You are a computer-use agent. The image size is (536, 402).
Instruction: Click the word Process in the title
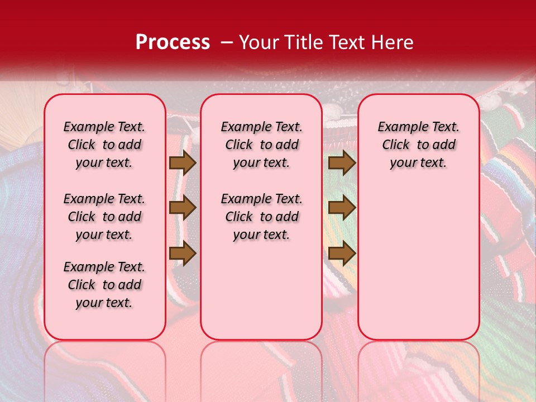[x=173, y=42]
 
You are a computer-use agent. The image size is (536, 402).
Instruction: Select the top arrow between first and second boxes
[x=183, y=163]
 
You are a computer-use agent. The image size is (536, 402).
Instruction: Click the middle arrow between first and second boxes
[x=183, y=208]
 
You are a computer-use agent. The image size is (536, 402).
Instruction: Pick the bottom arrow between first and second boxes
[x=183, y=253]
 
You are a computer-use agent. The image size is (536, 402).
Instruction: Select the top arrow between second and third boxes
[x=342, y=163]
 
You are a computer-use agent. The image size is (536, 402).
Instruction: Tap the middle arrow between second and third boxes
[x=342, y=208]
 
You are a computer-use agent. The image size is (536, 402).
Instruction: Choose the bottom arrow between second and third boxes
[x=342, y=253]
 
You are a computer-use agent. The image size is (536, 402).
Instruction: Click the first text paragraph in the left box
[x=104, y=145]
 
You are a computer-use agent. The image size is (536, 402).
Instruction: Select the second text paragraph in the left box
[x=104, y=217]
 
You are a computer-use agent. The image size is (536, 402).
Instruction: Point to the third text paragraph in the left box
[x=104, y=285]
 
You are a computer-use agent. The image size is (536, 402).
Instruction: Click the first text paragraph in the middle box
[x=261, y=145]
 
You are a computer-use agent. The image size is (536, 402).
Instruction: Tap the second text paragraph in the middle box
[x=261, y=217]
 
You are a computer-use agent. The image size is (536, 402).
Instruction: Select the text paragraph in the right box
[x=419, y=145]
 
